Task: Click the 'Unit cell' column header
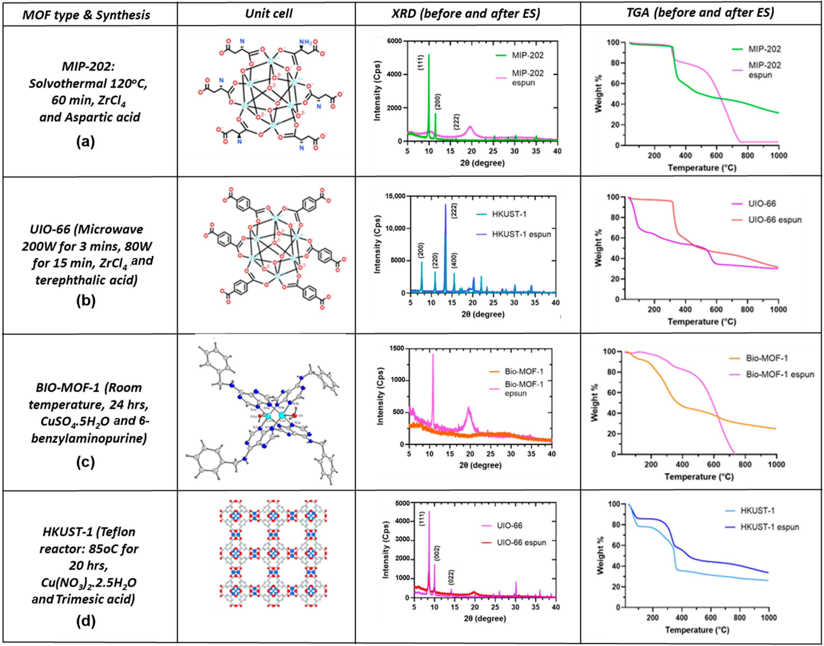click(x=269, y=14)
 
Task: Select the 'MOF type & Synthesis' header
click(x=86, y=15)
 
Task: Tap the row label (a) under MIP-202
click(x=86, y=142)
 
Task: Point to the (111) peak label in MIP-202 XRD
click(x=421, y=63)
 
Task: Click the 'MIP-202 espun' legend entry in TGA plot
click(x=764, y=70)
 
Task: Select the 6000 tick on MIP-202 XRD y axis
click(x=395, y=41)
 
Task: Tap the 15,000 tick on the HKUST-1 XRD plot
click(x=395, y=196)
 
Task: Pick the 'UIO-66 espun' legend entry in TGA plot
click(x=774, y=220)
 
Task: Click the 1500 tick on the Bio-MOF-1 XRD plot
click(x=397, y=348)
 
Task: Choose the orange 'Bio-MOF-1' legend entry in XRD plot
click(x=523, y=371)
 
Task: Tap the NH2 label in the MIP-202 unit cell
click(x=305, y=42)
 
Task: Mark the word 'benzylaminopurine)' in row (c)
click(x=89, y=438)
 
